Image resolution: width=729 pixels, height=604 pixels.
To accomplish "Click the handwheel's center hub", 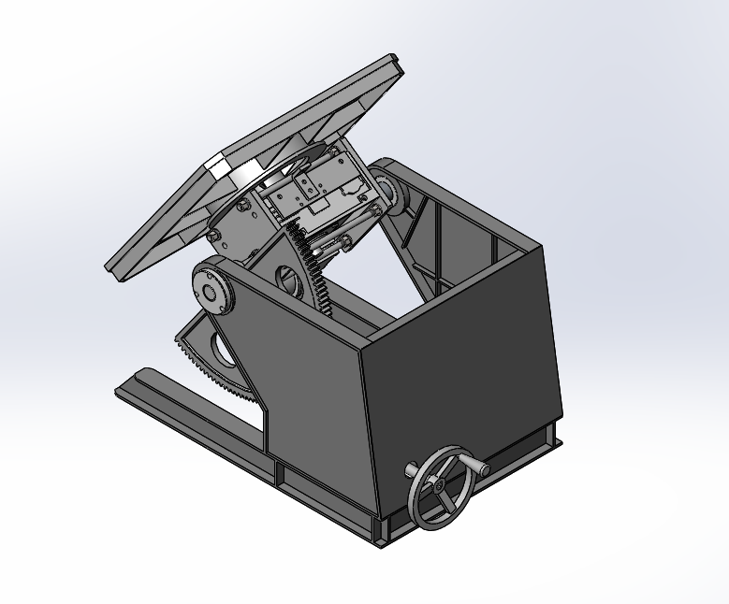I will pos(438,486).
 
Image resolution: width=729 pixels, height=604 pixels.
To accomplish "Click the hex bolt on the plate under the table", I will pos(242,205).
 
